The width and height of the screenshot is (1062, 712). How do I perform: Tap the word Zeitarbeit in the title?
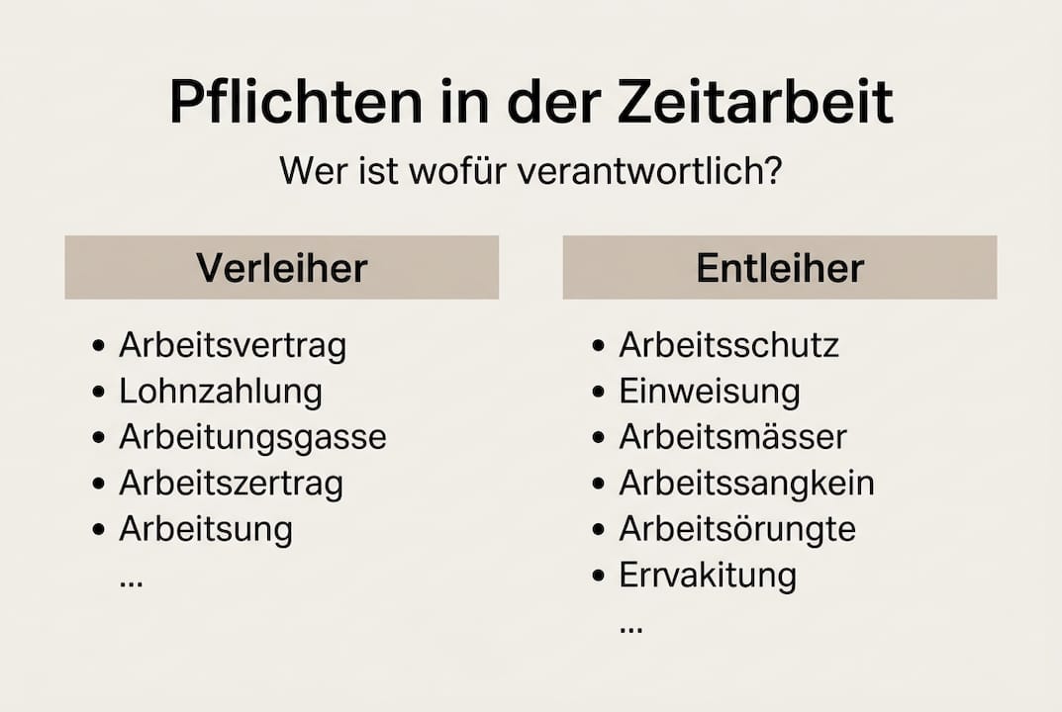tap(755, 102)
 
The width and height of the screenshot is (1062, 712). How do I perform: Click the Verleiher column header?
tap(281, 268)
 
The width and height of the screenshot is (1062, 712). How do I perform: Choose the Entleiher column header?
tap(780, 268)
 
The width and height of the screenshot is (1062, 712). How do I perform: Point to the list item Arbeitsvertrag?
tap(233, 346)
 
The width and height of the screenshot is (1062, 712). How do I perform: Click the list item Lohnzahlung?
tap(221, 392)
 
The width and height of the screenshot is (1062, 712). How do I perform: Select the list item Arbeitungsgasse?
tap(252, 437)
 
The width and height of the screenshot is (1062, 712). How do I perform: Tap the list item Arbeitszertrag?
tap(231, 484)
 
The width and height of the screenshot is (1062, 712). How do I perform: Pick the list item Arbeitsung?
tap(206, 529)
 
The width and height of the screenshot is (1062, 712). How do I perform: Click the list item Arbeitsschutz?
tap(729, 346)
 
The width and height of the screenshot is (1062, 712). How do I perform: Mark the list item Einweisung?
tap(710, 392)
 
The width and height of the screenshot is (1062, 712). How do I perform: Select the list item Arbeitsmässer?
tap(733, 437)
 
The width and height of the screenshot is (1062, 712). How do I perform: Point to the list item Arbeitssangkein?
tap(747, 484)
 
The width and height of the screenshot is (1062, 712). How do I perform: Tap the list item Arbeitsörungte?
tap(737, 529)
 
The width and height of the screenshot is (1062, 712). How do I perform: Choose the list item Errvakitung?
tap(708, 575)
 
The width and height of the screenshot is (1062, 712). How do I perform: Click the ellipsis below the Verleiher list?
tap(131, 582)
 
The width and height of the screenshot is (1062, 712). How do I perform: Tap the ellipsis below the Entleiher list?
tap(630, 628)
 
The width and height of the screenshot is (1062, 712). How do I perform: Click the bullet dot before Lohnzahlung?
tap(98, 393)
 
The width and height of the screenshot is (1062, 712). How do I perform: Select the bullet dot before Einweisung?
tap(598, 393)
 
